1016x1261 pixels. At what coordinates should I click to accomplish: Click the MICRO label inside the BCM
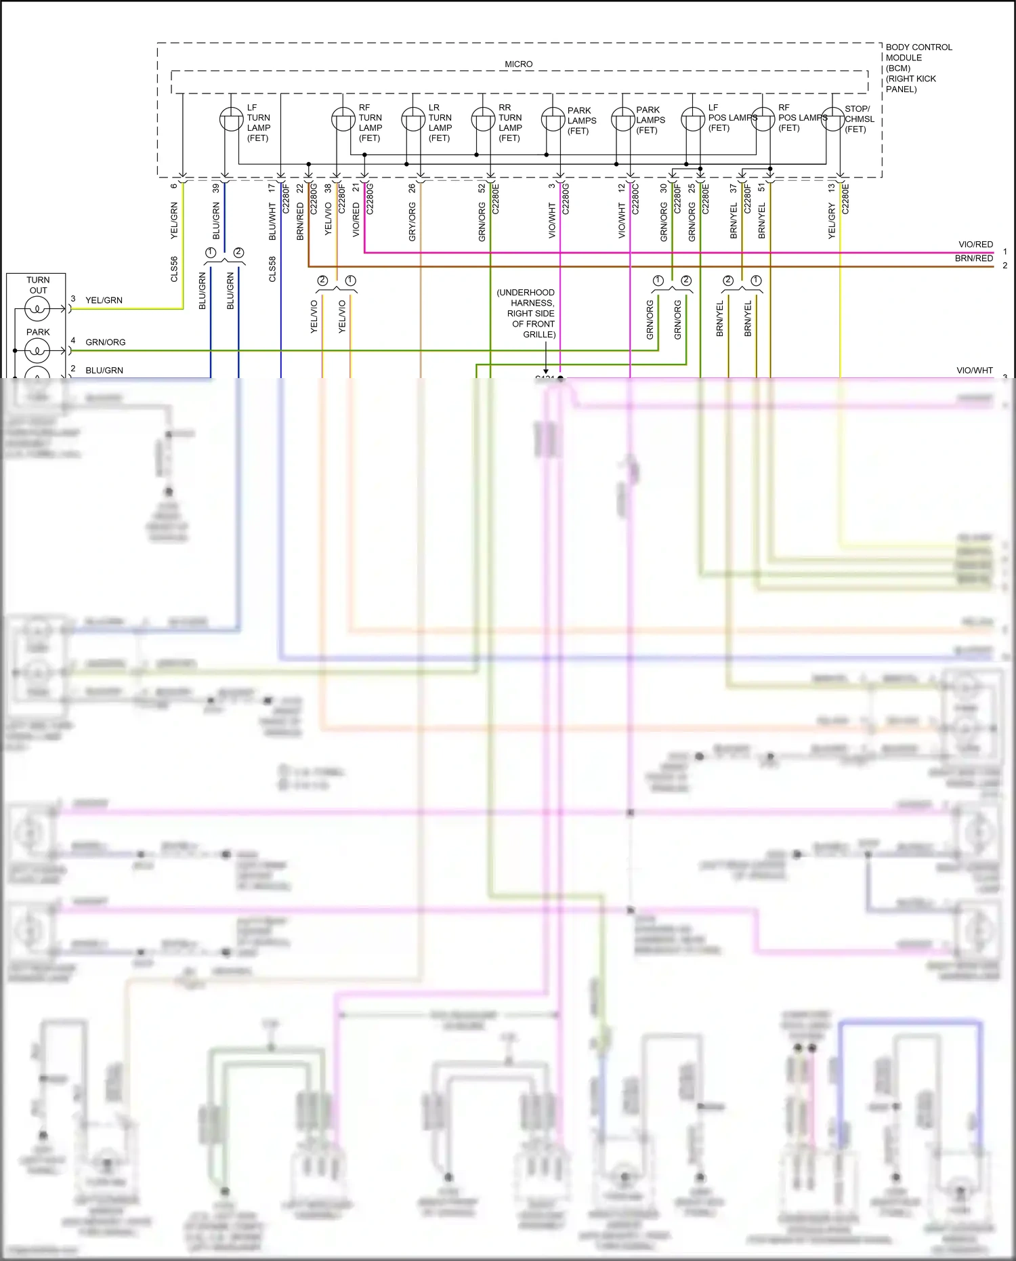tap(518, 64)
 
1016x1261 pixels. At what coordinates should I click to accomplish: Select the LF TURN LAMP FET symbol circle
tap(231, 120)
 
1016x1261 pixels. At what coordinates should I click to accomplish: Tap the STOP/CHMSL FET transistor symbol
tap(833, 119)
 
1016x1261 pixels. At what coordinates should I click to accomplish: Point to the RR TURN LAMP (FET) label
tap(510, 123)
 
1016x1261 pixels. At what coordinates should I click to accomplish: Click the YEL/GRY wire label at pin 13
tap(832, 221)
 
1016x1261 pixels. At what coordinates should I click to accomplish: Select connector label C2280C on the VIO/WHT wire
tap(635, 199)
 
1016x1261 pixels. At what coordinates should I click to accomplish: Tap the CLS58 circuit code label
tap(272, 269)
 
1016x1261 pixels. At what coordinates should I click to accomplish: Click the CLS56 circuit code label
tap(174, 269)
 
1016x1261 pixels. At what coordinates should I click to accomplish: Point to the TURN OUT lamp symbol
tap(37, 310)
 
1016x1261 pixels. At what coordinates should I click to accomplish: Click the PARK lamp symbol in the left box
tap(37, 350)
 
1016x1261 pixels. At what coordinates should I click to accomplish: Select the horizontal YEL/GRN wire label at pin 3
tap(104, 300)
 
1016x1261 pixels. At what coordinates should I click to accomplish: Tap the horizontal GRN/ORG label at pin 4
tap(106, 342)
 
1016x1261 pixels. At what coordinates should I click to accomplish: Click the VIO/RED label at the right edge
tap(975, 245)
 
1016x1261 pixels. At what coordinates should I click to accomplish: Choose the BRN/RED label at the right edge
tap(974, 258)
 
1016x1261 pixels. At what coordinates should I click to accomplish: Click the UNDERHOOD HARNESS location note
tap(526, 313)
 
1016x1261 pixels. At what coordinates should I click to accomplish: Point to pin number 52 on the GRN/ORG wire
tap(482, 188)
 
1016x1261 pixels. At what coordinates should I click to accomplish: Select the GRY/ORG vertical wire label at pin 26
tap(412, 222)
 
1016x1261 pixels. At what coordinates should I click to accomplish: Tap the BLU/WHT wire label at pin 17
tap(272, 222)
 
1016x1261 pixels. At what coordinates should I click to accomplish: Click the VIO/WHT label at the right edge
tap(974, 371)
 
